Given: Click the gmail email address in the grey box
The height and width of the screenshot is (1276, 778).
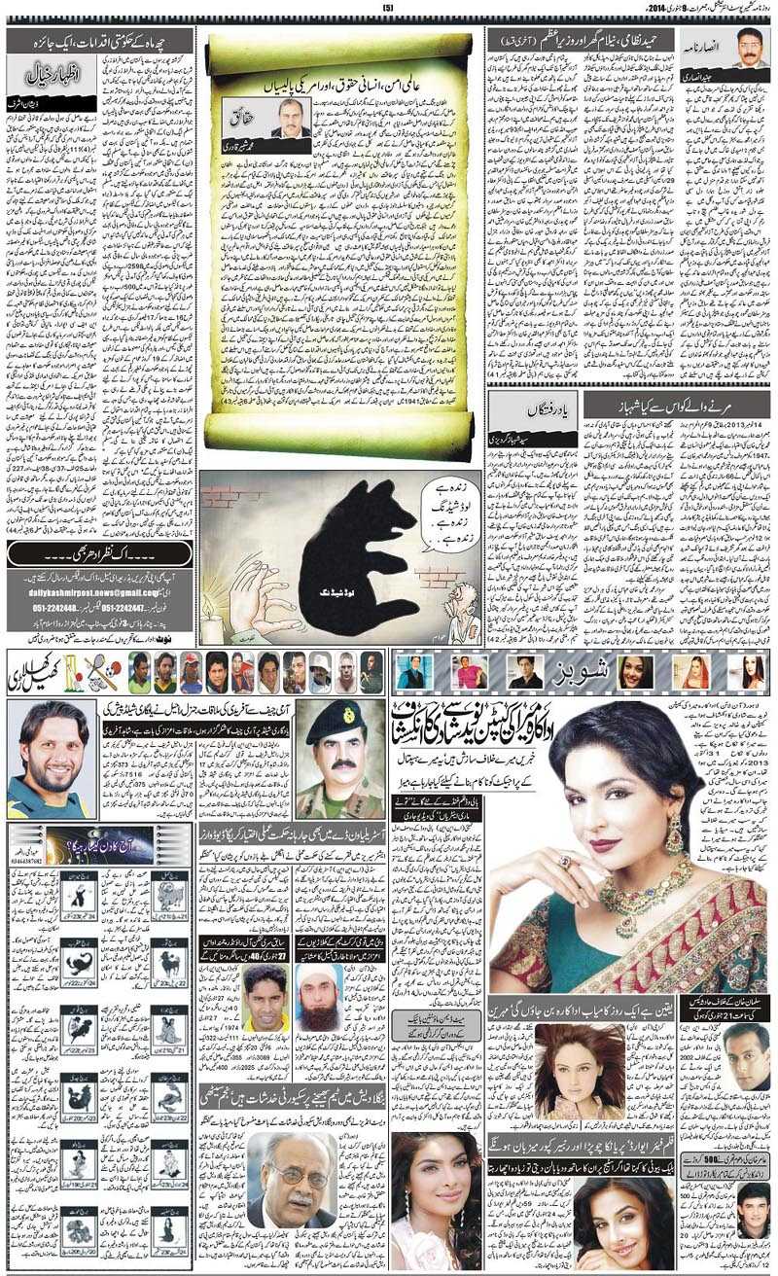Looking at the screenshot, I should tap(96, 592).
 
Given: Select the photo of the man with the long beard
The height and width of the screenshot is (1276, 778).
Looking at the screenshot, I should tap(319, 997).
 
